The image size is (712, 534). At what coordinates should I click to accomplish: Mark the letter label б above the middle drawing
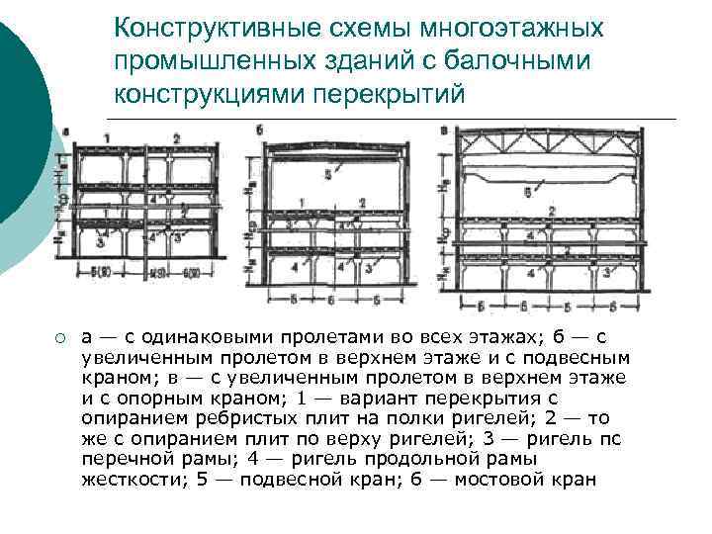click(259, 130)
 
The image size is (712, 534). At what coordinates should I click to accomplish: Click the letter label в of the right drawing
click(445, 130)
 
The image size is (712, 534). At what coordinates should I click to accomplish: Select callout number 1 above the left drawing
click(106, 135)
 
